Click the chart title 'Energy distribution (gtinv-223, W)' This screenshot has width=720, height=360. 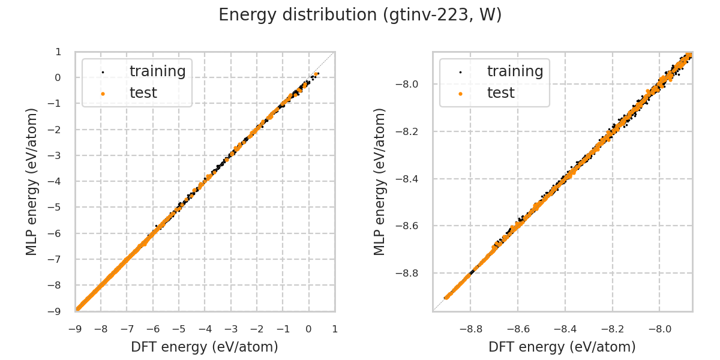(360, 15)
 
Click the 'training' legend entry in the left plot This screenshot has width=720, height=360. (157, 71)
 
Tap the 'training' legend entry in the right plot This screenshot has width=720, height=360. (515, 71)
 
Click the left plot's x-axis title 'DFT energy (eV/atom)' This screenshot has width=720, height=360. (205, 347)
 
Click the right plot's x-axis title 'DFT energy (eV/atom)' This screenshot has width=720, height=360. (562, 347)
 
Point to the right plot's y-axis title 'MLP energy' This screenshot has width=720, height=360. (380, 181)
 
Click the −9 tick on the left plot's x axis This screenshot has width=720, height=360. (75, 329)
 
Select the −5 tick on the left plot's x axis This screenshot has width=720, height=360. (179, 329)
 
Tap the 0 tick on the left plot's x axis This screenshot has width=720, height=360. (309, 329)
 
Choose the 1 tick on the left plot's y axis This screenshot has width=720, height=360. (58, 52)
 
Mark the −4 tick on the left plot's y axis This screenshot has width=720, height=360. (56, 181)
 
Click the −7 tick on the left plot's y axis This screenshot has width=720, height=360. (56, 259)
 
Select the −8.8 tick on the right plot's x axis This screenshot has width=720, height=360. (470, 329)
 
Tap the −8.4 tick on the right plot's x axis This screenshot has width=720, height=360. (565, 329)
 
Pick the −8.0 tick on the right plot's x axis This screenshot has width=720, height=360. (659, 329)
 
